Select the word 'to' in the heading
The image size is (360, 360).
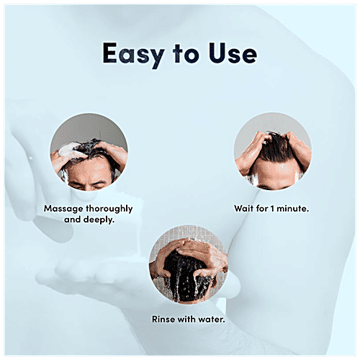pos(183,55)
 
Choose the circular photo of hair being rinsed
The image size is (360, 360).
pos(189,267)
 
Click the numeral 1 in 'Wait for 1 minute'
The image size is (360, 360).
pos(276,208)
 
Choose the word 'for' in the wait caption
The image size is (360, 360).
pos(264,208)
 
